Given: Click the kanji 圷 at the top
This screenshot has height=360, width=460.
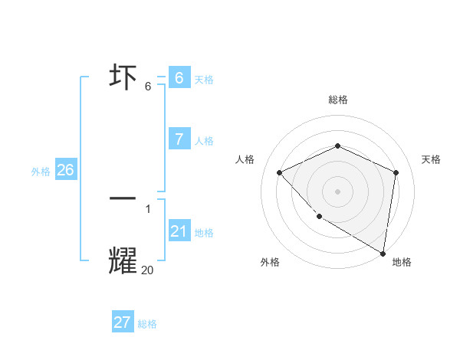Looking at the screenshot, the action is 123,78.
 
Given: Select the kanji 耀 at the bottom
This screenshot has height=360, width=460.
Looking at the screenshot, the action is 123,260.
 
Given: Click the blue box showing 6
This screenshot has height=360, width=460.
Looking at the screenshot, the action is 179,78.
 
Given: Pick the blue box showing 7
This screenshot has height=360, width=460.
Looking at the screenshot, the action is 179,139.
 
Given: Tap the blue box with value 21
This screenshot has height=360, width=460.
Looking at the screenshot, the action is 179,231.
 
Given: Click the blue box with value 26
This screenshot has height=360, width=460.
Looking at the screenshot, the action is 65,170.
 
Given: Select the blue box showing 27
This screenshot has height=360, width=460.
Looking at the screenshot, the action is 123,322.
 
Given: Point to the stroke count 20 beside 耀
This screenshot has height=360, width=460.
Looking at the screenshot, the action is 147,270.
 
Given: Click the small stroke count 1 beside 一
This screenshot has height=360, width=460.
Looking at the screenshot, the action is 148,208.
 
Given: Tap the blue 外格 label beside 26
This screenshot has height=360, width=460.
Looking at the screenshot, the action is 41,172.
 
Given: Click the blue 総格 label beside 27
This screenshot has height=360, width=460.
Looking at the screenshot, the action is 147,324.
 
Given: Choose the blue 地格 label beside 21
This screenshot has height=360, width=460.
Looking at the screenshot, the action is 204,233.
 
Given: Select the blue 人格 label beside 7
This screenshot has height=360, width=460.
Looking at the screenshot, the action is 204,141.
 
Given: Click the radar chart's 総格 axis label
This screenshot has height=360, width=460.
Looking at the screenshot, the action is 337,100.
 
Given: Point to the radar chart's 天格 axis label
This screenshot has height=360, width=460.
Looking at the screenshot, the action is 431,159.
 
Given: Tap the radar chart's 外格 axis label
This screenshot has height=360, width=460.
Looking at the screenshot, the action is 270,262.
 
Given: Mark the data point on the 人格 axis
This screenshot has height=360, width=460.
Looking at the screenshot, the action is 280,172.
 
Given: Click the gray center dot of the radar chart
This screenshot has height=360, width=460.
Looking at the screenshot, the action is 337,191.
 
